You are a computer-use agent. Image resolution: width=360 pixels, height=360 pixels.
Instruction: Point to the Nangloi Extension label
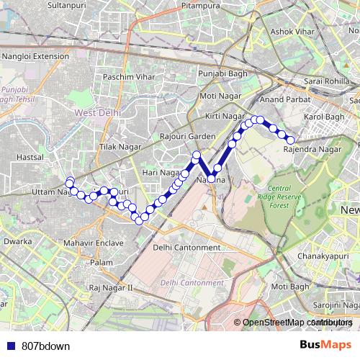tap(35, 55)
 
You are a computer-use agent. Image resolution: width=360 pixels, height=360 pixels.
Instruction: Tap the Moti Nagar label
tap(218, 96)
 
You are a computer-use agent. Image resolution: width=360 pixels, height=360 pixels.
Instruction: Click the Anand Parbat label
tap(282, 99)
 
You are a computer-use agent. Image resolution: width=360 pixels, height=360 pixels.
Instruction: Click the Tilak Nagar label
tap(117, 147)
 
